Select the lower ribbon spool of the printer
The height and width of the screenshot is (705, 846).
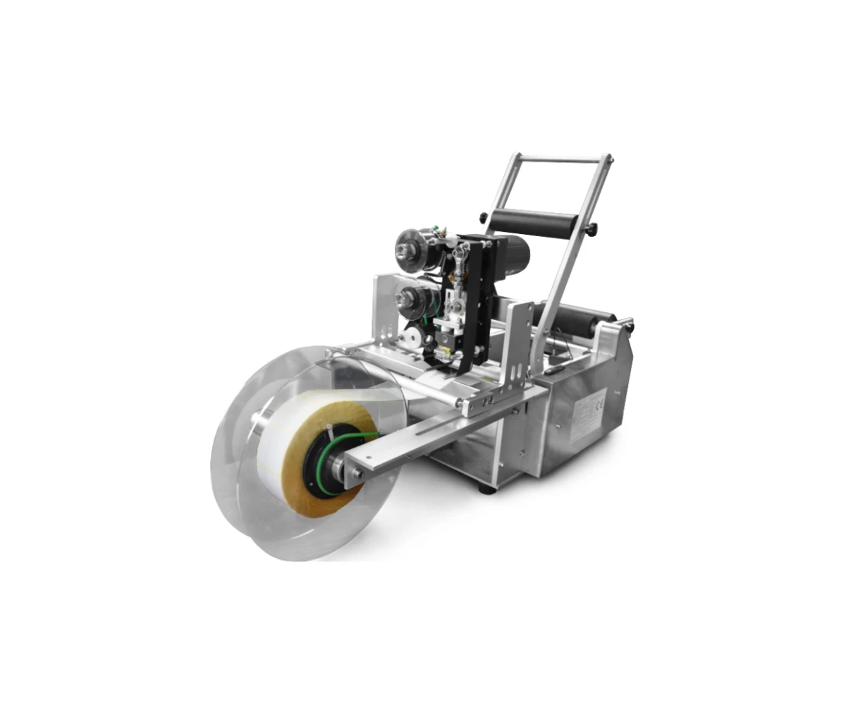click(x=410, y=298)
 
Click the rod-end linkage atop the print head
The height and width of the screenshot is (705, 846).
click(x=462, y=261)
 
